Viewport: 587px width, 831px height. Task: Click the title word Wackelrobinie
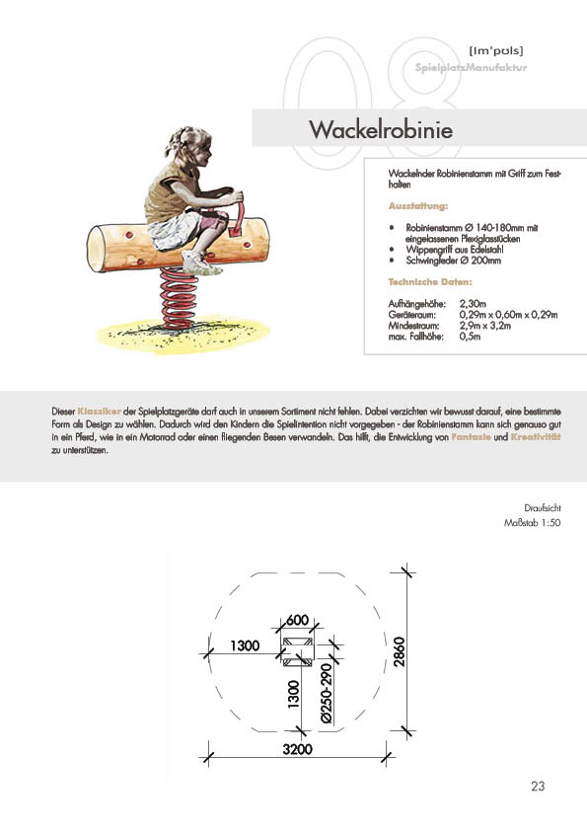(381, 130)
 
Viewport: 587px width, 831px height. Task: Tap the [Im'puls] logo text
(496, 51)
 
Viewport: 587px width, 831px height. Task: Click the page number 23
(538, 786)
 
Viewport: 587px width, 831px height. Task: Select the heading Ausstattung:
(418, 206)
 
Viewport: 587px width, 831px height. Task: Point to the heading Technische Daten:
(430, 282)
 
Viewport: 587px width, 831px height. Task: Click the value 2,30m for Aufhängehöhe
(473, 304)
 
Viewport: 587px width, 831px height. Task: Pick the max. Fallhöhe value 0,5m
(470, 337)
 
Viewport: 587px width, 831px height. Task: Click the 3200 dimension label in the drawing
(297, 749)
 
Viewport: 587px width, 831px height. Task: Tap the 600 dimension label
(297, 620)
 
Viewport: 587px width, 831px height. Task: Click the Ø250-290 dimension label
(326, 693)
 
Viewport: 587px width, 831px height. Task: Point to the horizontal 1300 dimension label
(245, 645)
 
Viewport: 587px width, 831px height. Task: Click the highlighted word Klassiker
(99, 412)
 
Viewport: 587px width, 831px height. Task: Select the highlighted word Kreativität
(536, 437)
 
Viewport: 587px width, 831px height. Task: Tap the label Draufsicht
(543, 508)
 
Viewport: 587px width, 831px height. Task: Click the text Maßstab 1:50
(533, 523)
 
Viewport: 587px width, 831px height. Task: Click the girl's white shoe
(202, 263)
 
